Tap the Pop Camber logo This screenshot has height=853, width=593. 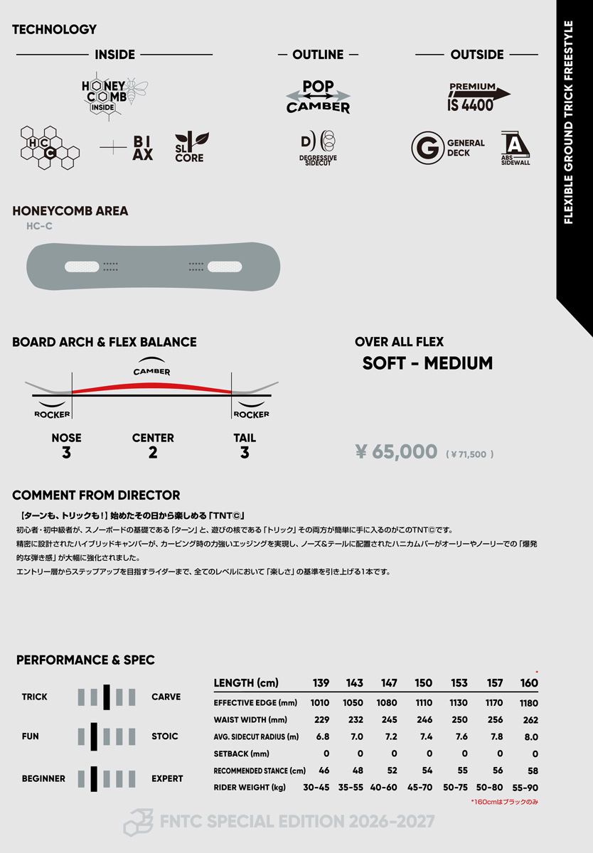[x=318, y=97]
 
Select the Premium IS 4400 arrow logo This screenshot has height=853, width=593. [x=478, y=97]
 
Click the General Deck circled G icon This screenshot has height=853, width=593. [x=427, y=148]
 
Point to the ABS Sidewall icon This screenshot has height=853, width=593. [x=515, y=148]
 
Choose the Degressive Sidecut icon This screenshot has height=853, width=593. [x=318, y=148]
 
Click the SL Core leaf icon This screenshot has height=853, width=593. [x=190, y=148]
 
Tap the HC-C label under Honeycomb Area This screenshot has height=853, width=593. [x=39, y=226]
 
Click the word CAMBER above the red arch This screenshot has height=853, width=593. [x=151, y=371]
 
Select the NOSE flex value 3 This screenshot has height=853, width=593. [x=66, y=453]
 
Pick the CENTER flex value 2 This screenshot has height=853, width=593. [x=153, y=453]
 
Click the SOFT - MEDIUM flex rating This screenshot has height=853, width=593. [x=427, y=363]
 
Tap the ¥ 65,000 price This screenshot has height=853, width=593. [x=396, y=451]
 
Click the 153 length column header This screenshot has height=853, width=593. [x=459, y=683]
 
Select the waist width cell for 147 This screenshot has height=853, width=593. [x=389, y=719]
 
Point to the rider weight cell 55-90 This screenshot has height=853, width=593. [x=525, y=787]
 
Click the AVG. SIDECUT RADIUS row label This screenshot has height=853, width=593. [x=256, y=736]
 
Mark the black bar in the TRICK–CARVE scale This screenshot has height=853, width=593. [x=107, y=697]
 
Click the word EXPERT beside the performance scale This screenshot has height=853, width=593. [x=167, y=778]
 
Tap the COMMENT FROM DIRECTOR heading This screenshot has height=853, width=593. [x=96, y=495]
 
